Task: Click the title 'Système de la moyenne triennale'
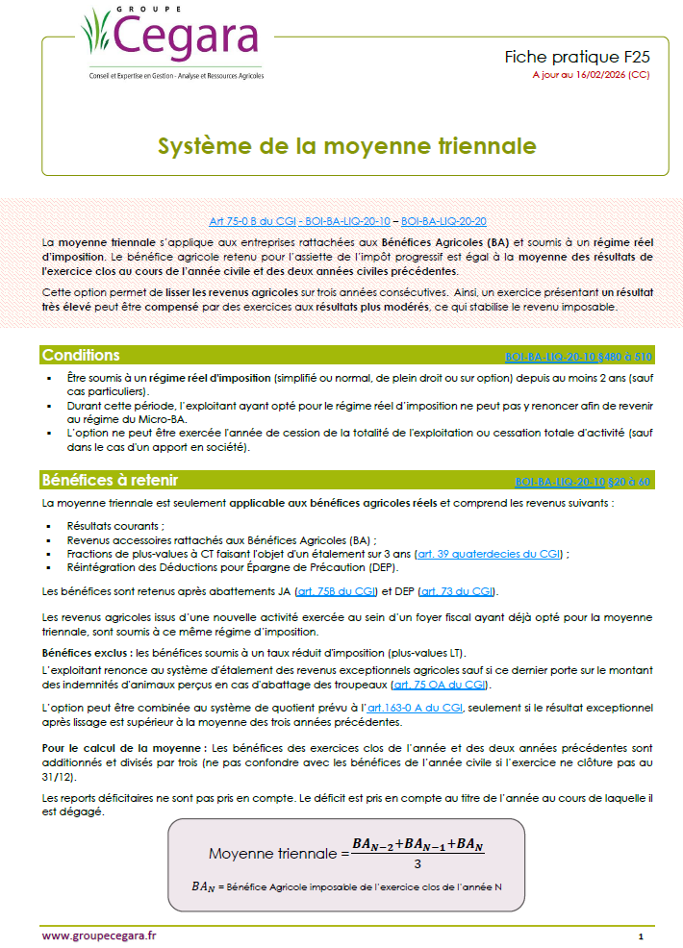346,146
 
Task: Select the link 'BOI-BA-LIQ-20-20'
443,220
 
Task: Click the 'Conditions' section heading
81,356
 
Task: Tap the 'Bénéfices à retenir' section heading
110,480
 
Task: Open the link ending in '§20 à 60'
583,481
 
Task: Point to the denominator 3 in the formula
417,861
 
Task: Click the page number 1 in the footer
641,935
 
